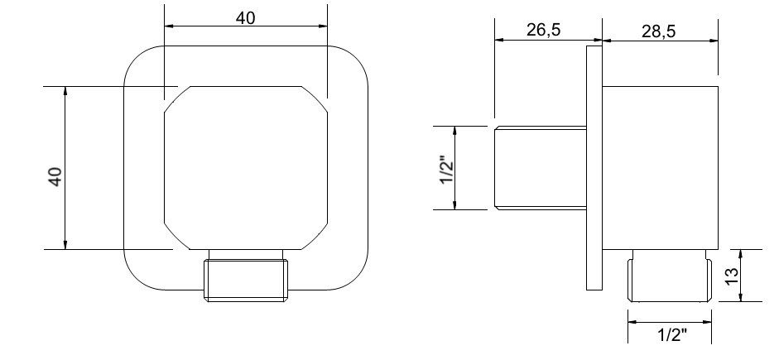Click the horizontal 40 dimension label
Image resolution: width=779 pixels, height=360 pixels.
[245, 18]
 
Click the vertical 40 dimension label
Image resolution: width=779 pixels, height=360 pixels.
[55, 177]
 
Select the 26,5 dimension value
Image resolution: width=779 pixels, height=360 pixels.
[544, 30]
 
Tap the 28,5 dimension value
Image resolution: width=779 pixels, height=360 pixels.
[659, 31]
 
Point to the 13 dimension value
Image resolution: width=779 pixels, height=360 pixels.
[732, 275]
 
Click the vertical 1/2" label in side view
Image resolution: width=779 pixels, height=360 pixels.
[448, 169]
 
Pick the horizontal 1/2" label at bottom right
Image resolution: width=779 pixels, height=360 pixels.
[672, 335]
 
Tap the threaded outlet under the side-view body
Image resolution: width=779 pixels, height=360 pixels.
[669, 276]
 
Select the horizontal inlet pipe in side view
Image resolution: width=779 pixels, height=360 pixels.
[541, 168]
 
